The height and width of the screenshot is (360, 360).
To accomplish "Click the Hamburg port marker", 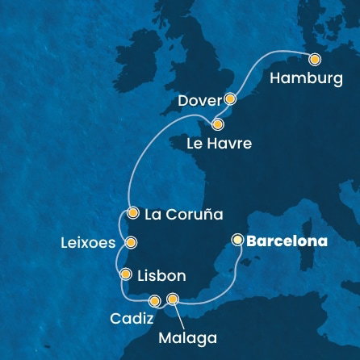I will [x=314, y=58].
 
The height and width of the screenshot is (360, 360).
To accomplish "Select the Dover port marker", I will [x=230, y=99].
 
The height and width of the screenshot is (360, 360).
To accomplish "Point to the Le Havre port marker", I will [x=217, y=124].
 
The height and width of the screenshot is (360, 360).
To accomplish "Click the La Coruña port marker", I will [x=133, y=213].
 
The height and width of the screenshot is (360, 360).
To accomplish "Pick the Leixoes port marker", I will [x=131, y=241].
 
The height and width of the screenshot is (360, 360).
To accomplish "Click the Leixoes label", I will [x=88, y=242].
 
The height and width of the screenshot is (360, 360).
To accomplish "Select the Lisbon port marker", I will [x=125, y=275].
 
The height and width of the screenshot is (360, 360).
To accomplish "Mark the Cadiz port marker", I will [x=154, y=301].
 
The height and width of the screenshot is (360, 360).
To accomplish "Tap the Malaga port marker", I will [x=172, y=299].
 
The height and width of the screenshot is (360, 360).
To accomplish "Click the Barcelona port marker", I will [x=237, y=240].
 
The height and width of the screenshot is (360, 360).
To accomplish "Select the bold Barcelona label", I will [x=288, y=241].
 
